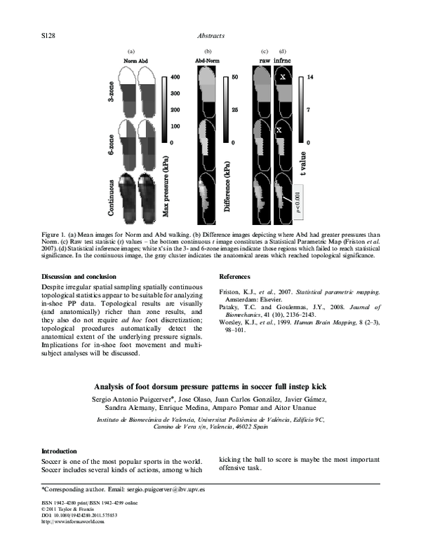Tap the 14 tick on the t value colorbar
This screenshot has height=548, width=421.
310,76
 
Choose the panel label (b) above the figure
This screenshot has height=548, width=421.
208,51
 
